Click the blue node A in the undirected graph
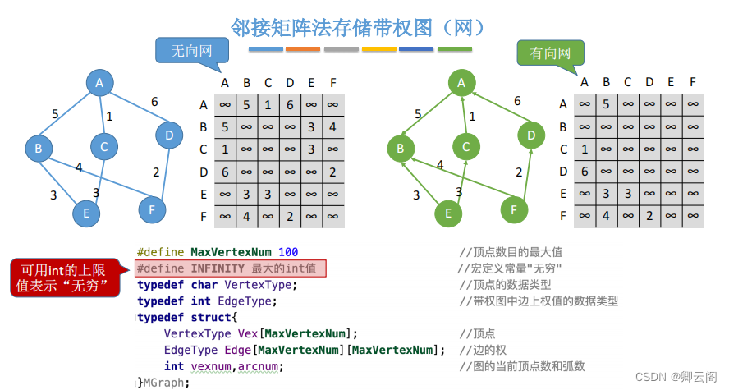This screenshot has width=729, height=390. pos(99,82)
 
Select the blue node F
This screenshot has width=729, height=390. pos(152,209)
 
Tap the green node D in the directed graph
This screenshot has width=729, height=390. pos(531,135)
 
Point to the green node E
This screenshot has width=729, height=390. pos(447,213)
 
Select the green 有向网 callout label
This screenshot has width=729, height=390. pos(550,54)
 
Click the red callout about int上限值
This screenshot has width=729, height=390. pos(62,278)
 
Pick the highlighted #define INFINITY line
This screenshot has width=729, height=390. pos(231,268)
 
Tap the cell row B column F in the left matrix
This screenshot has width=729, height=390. pos(332,127)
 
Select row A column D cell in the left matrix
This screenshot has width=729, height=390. pos(290,105)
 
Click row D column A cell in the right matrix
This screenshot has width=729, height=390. pos(584,172)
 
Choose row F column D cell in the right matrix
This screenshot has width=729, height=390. pos(649,216)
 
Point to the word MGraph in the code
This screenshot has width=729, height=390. pos(167,382)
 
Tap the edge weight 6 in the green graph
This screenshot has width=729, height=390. pos(517,101)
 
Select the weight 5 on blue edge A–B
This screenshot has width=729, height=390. pos(55,114)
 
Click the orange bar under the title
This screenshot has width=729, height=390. pos(303,49)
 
